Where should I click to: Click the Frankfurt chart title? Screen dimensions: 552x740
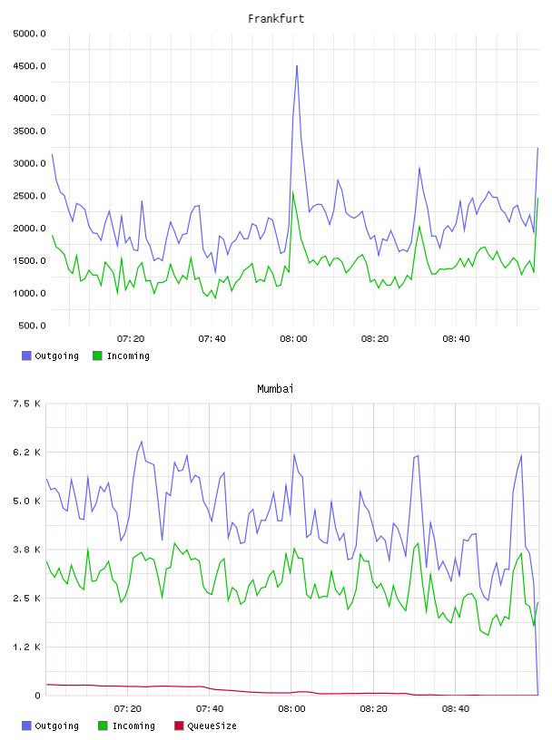pos(276,19)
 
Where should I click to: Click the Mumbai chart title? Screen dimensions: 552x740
pos(275,389)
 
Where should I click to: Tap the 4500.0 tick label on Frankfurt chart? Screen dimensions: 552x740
pos(29,66)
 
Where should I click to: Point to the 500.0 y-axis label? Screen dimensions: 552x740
pos(32,326)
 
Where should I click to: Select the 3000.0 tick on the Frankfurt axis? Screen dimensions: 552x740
pos(29,163)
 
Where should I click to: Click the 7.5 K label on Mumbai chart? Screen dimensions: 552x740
pos(26,404)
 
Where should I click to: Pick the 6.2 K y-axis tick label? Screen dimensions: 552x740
pos(26,453)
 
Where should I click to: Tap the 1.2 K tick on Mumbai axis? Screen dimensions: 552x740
pos(26,647)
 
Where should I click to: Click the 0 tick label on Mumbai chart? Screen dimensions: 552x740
pos(37,696)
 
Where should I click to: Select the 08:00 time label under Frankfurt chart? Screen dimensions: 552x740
pos(293,339)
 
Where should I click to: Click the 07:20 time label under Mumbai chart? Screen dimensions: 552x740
pos(128,709)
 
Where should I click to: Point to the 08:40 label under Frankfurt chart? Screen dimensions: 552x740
pos(456,339)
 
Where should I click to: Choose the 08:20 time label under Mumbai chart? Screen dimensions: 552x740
pos(373,709)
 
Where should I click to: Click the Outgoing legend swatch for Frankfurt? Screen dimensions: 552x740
pos(26,355)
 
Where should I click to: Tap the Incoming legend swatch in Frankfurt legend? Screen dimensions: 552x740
pos(97,355)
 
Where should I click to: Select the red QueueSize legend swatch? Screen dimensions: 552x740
pos(179,725)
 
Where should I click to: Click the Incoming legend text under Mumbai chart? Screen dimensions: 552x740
pos(133,725)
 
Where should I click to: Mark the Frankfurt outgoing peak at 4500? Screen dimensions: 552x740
pos(297,66)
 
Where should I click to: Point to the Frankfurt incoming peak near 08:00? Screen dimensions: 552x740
pos(293,192)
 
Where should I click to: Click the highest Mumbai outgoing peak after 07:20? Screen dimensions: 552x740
pos(142,442)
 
